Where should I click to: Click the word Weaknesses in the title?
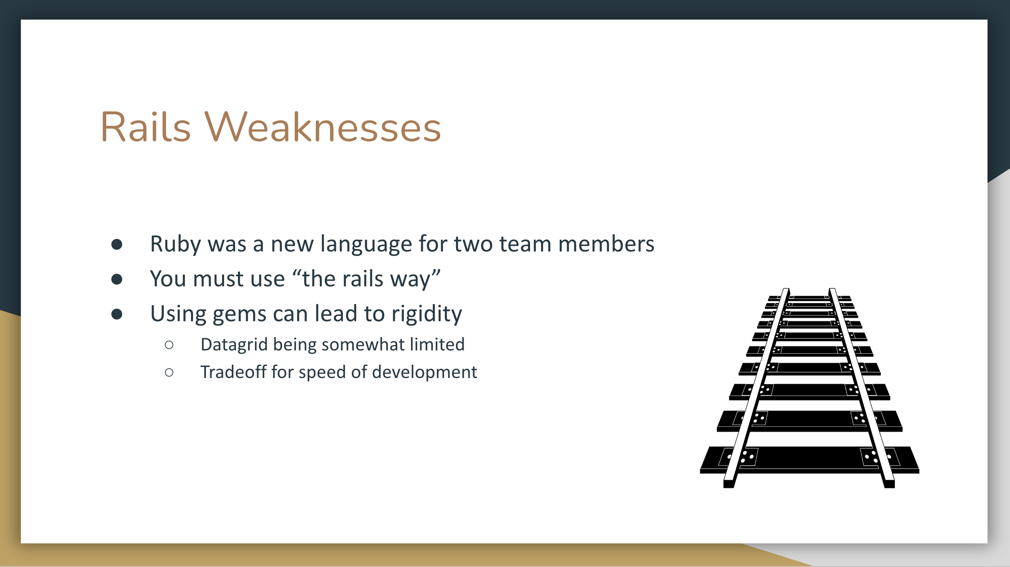[x=323, y=127]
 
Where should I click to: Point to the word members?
[x=606, y=244]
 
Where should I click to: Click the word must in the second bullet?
[x=218, y=279]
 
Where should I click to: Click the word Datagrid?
[x=234, y=345]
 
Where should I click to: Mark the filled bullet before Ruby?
[x=117, y=244]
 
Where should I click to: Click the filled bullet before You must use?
[x=117, y=279]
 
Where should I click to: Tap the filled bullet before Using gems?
[x=117, y=314]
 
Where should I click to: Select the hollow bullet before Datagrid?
[x=169, y=345]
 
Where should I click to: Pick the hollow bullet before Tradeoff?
[x=169, y=372]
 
